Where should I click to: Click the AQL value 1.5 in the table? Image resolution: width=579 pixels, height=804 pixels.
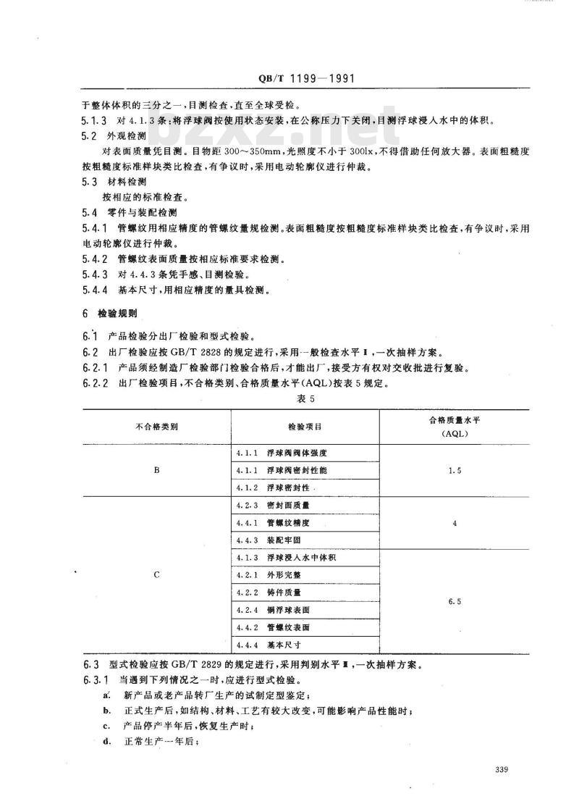(x=455, y=471)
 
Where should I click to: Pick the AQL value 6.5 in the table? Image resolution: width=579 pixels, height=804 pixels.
(x=455, y=601)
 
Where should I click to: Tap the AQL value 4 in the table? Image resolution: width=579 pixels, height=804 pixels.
(x=455, y=524)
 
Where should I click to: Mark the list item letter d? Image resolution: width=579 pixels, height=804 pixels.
(x=106, y=747)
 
